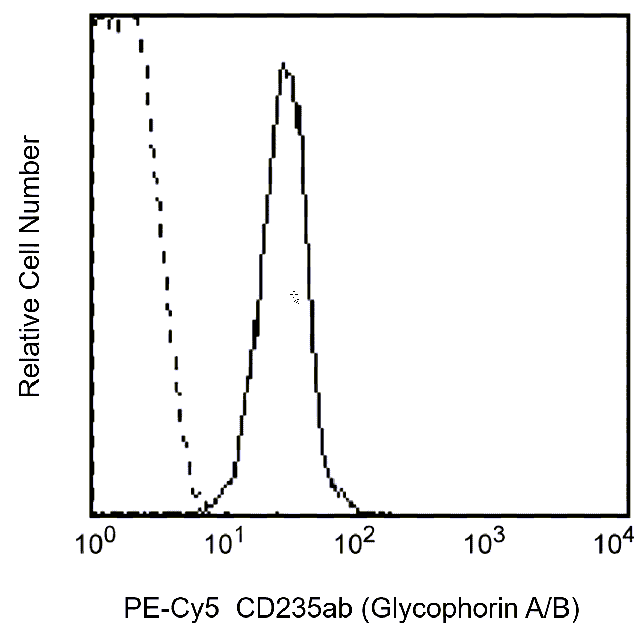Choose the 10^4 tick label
click(x=613, y=543)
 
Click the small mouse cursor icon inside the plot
click(x=295, y=297)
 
